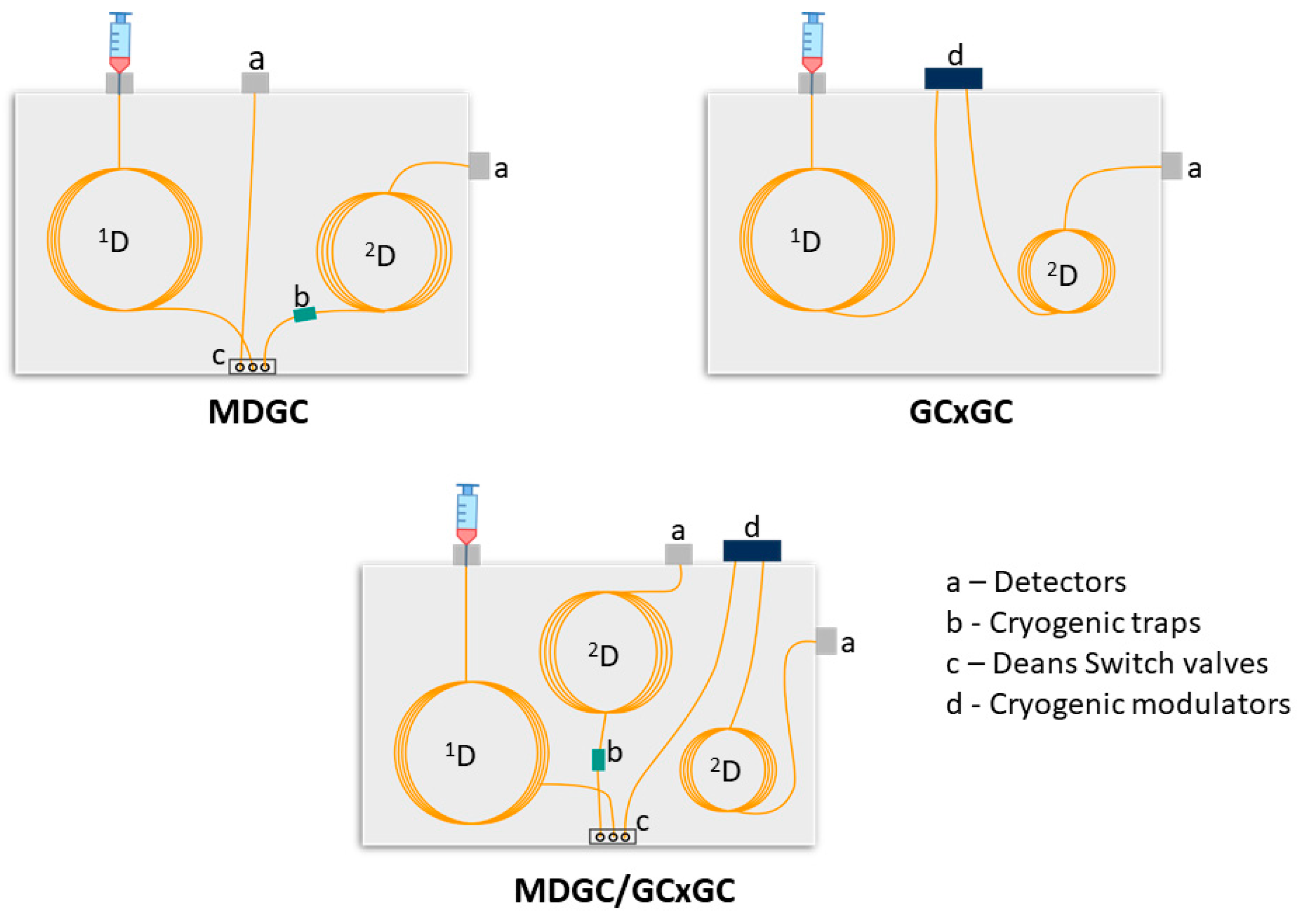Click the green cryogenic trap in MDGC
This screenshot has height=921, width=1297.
[x=304, y=314]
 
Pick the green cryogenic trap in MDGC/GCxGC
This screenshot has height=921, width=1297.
[x=598, y=760]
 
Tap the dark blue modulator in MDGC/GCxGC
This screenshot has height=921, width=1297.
[x=752, y=551]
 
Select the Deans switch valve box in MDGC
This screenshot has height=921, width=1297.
[x=252, y=367]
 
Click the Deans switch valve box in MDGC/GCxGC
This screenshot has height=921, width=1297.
[x=613, y=837]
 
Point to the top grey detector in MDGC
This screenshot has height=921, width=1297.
[x=255, y=83]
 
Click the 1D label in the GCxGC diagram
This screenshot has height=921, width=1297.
[x=805, y=241]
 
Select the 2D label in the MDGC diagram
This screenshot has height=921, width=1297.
[x=380, y=255]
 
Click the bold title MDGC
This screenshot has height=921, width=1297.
[x=259, y=412]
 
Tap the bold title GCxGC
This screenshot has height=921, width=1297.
[x=961, y=412]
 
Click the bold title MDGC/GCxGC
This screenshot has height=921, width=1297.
[x=624, y=891]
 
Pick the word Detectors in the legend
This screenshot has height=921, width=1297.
[x=1059, y=582]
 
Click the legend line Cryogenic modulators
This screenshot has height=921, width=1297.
[x=1117, y=704]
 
